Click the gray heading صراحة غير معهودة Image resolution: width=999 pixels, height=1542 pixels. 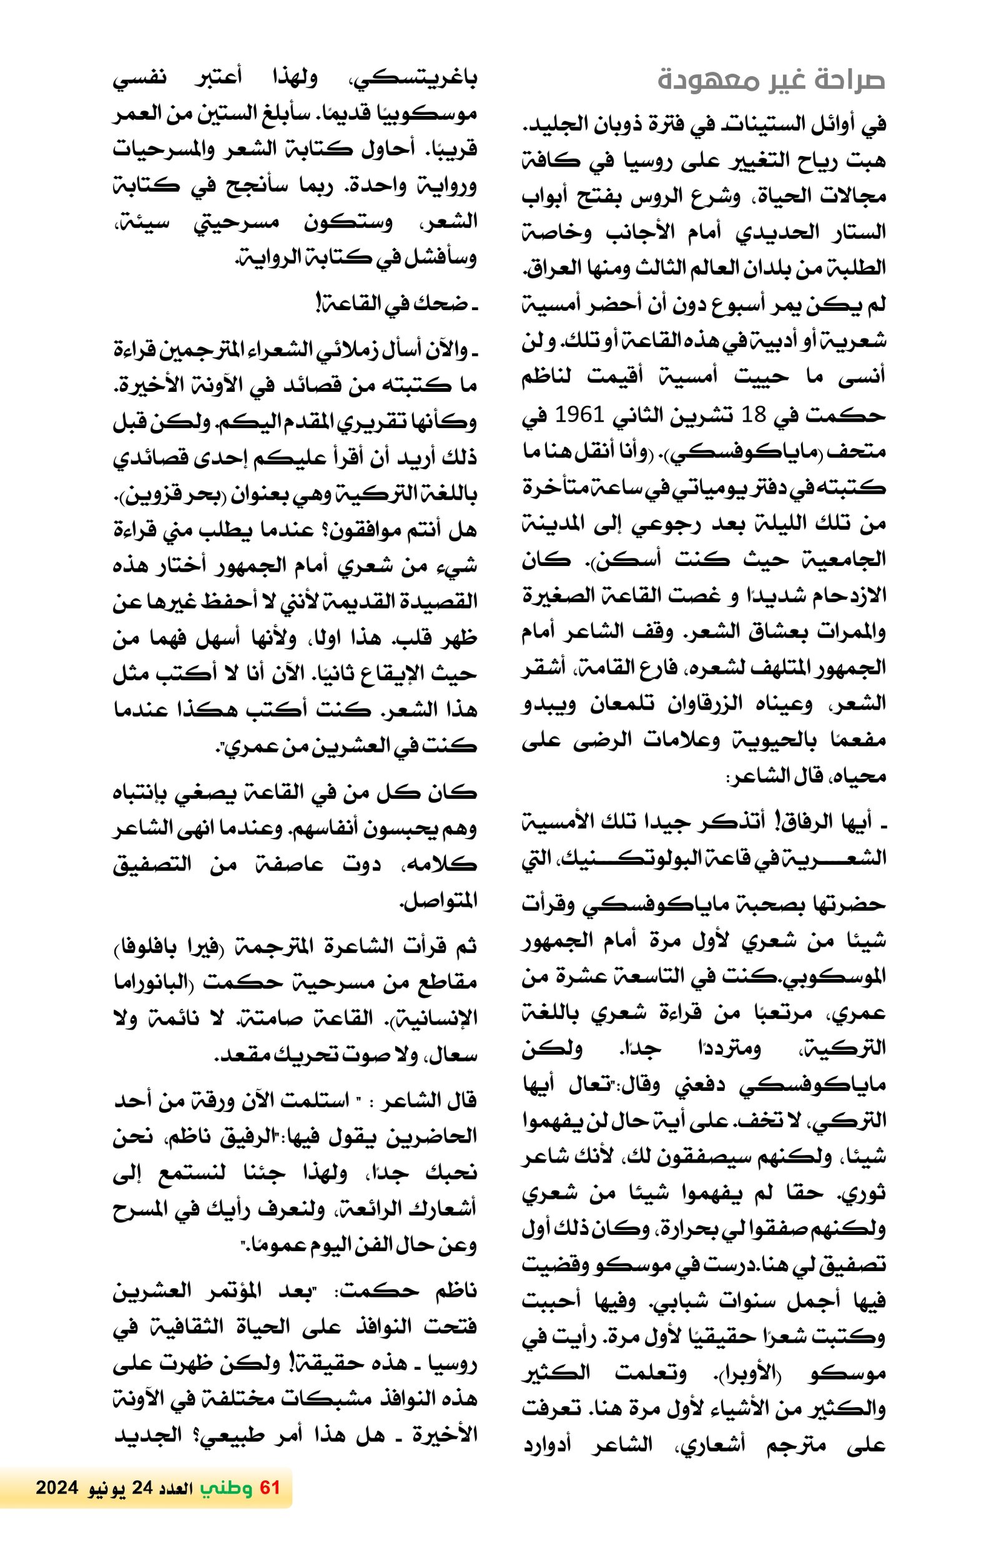coord(771,81)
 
